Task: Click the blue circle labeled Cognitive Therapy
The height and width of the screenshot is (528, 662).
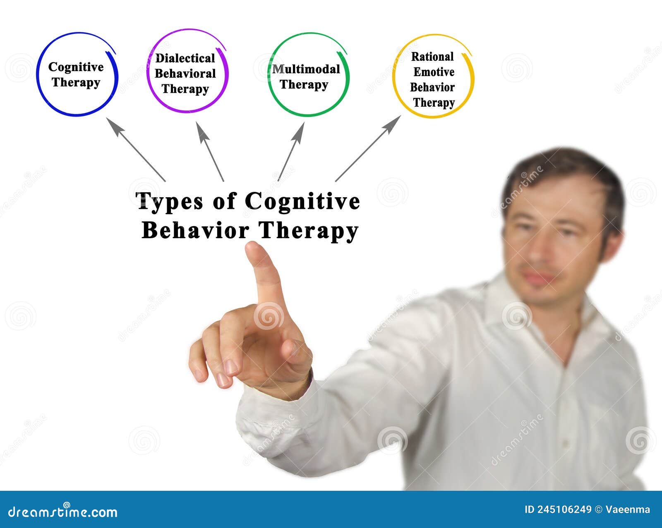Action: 77,74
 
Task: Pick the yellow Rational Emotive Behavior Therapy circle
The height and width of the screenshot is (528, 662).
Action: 433,77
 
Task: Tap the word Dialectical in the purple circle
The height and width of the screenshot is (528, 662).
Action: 185,58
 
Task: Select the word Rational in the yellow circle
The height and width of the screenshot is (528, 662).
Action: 432,57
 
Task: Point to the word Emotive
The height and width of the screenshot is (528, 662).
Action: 434,72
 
